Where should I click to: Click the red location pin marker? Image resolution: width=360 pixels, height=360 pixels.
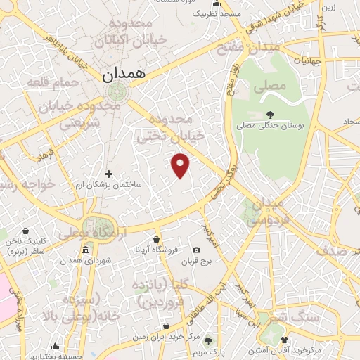(181, 165)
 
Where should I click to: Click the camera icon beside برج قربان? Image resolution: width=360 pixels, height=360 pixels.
(196, 250)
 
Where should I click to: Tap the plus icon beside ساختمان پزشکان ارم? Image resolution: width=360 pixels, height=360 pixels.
(108, 173)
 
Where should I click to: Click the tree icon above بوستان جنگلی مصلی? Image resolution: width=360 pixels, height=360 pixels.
(271, 113)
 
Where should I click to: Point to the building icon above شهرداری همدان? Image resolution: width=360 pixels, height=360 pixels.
(86, 250)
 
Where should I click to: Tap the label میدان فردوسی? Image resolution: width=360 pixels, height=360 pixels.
(266, 211)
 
